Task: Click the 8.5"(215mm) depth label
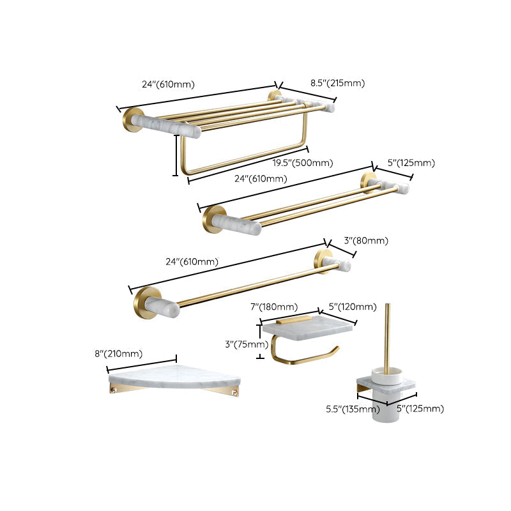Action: click(x=337, y=83)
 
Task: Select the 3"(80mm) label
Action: click(x=367, y=241)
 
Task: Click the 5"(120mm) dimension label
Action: click(x=353, y=307)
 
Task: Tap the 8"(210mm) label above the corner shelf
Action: click(x=118, y=354)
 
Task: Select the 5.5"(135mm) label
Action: click(x=349, y=409)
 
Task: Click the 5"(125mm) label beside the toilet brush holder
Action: click(x=420, y=409)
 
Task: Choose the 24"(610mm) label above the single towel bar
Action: click(x=192, y=262)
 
